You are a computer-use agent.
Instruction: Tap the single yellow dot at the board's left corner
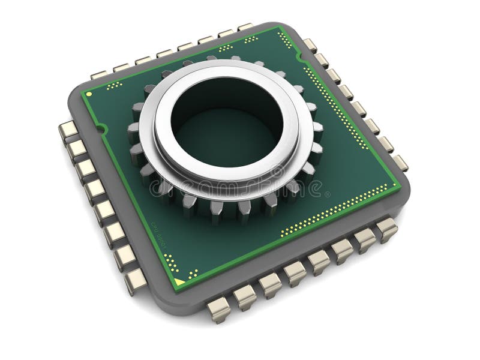[x=89, y=94]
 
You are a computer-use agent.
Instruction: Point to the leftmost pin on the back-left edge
[x=98, y=75]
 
